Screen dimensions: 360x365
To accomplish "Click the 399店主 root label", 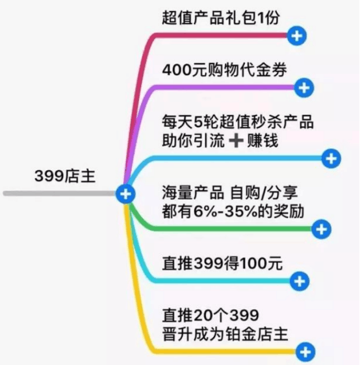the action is [65, 176].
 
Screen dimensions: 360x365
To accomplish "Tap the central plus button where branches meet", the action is [126, 194].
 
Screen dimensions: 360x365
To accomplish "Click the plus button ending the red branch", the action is [297, 36].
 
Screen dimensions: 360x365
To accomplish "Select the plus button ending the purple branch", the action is [304, 88].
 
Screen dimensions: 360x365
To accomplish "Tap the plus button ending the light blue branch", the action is [331, 158].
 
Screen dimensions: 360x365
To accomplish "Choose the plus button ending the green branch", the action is [322, 229].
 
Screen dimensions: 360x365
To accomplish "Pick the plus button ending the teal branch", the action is [300, 281].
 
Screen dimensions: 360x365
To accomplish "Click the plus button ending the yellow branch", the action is [305, 352].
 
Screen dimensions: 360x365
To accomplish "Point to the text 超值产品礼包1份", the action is [221, 18].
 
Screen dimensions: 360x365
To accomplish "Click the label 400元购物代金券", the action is [224, 70].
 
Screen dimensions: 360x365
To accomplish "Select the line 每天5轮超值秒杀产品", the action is [238, 121].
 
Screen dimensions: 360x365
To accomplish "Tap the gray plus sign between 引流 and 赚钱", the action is [236, 140].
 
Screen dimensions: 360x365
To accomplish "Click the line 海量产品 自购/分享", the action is [230, 193].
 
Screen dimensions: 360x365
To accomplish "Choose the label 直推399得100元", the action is [222, 263].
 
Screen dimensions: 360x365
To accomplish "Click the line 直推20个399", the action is [211, 316].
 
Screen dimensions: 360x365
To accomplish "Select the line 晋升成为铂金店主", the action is [225, 334].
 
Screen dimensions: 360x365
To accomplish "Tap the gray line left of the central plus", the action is [60, 194].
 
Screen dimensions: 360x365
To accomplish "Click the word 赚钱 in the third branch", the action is [263, 141].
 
